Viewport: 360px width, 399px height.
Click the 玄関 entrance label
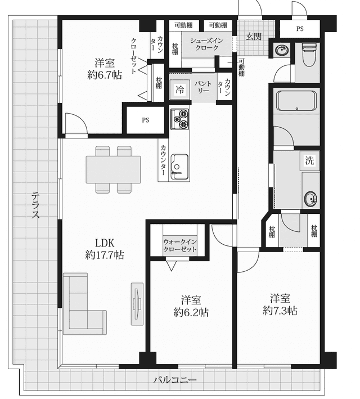tap(254, 37)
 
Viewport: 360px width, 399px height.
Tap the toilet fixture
tap(309, 55)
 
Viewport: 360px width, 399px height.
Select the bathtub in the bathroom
tap(296, 101)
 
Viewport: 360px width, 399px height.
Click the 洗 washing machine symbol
tap(309, 160)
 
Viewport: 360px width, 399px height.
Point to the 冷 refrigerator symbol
tap(180, 89)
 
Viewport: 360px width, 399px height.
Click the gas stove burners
tap(180, 119)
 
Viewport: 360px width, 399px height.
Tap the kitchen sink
tap(179, 167)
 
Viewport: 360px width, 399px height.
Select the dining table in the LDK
tap(113, 169)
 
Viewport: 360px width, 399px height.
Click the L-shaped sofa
tap(85, 304)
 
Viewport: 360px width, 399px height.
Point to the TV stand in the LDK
tap(137, 304)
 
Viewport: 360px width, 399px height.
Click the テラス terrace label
tap(35, 205)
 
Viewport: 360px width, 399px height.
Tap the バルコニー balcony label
tap(175, 380)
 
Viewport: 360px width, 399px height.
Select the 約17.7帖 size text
tap(105, 255)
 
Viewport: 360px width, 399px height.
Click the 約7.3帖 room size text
tap(280, 311)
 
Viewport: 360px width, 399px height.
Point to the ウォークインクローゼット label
tap(180, 245)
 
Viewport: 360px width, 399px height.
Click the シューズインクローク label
tap(207, 44)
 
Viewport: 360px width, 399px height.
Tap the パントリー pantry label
tap(202, 87)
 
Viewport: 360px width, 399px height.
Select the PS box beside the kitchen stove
tap(146, 120)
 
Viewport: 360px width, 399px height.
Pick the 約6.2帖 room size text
tap(191, 312)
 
